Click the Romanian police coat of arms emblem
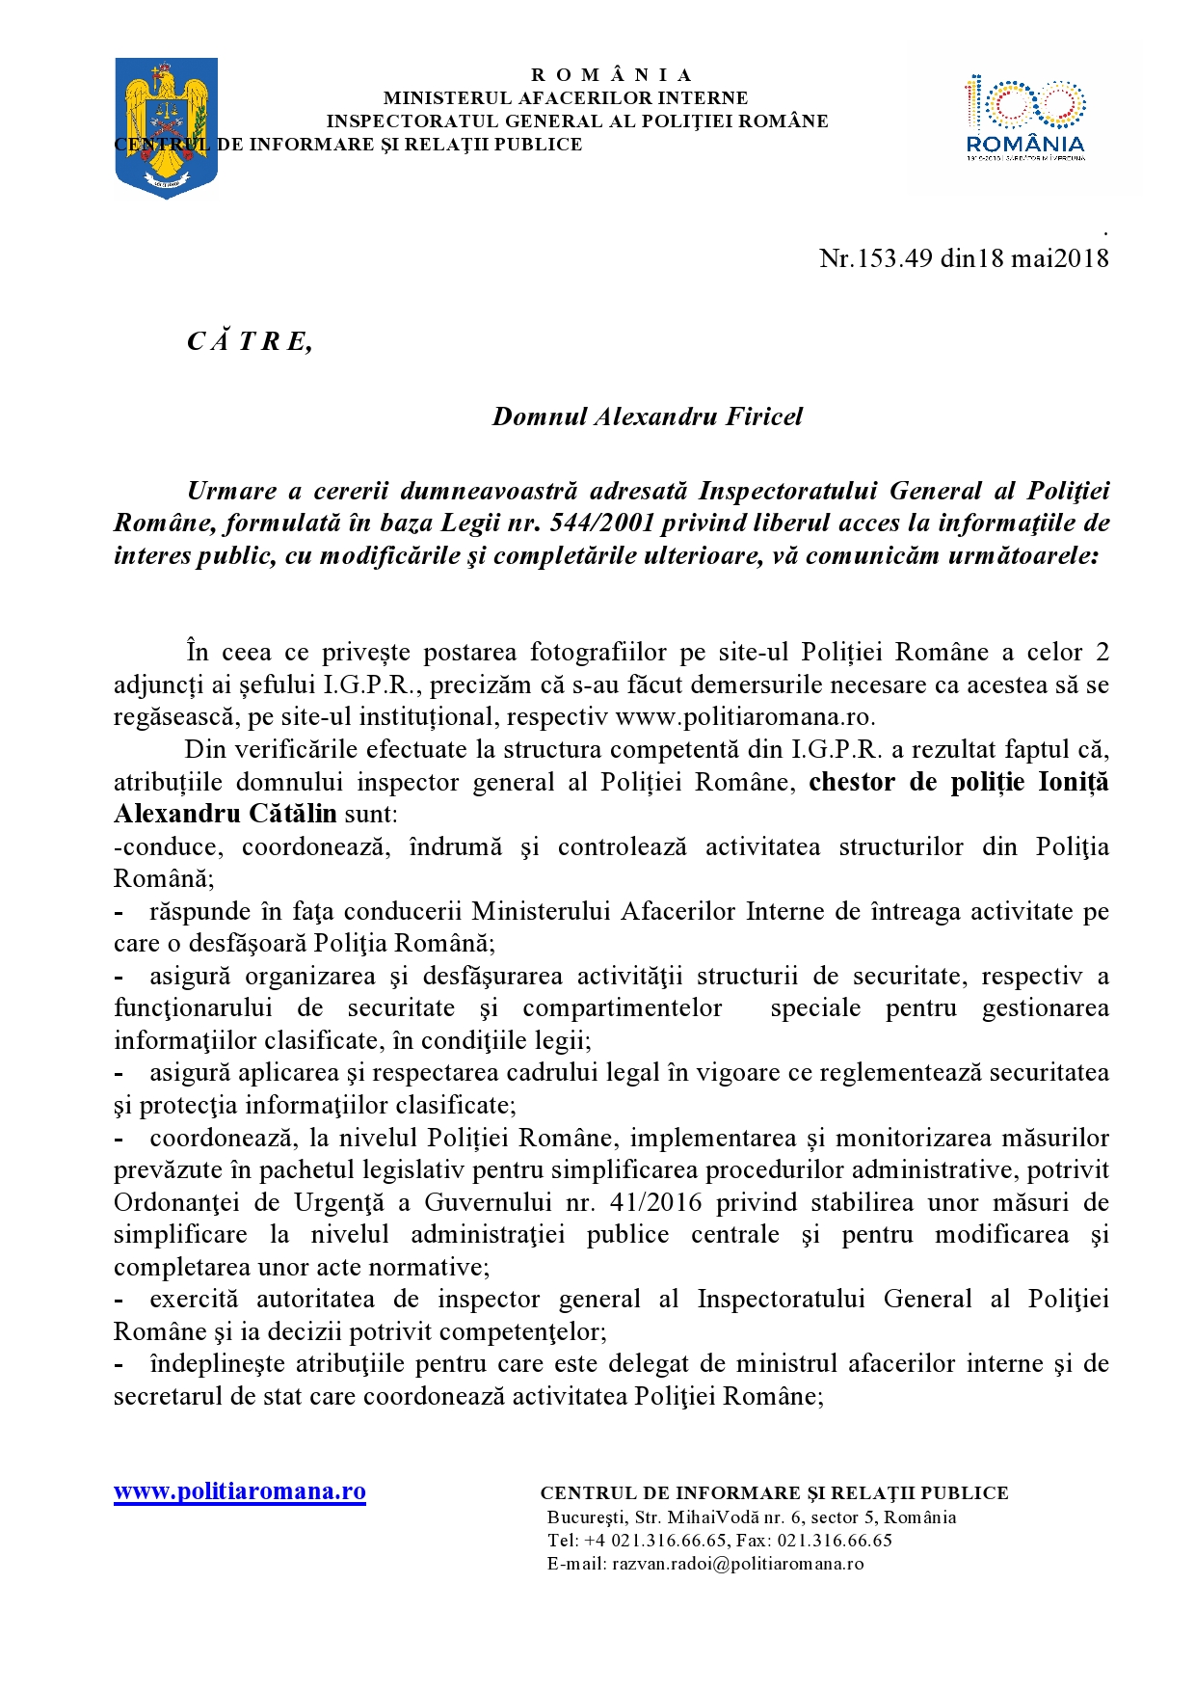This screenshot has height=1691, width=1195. click(166, 126)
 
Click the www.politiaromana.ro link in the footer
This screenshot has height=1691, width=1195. click(240, 1491)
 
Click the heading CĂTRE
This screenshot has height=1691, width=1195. click(249, 341)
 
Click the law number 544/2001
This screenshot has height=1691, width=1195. click(600, 523)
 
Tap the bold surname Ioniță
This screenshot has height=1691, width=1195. click(1072, 782)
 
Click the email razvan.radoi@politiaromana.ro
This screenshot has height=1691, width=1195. click(737, 1564)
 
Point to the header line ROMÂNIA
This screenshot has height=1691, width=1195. click(611, 75)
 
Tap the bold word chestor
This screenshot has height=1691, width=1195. click(852, 782)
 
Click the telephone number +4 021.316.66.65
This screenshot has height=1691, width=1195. click(655, 1541)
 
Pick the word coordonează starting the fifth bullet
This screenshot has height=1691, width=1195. click(221, 1138)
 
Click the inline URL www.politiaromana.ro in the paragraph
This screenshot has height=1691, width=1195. click(744, 717)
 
